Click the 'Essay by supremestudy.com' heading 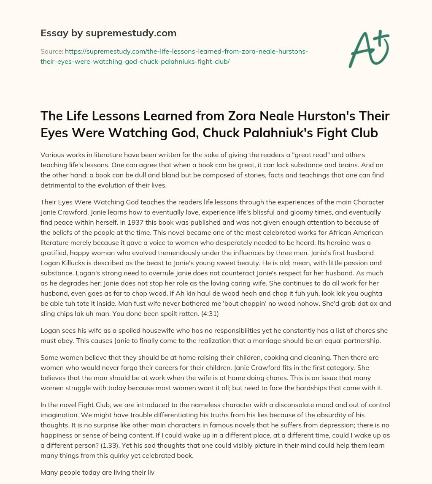coord(108,33)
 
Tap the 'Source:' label coord(51,51)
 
